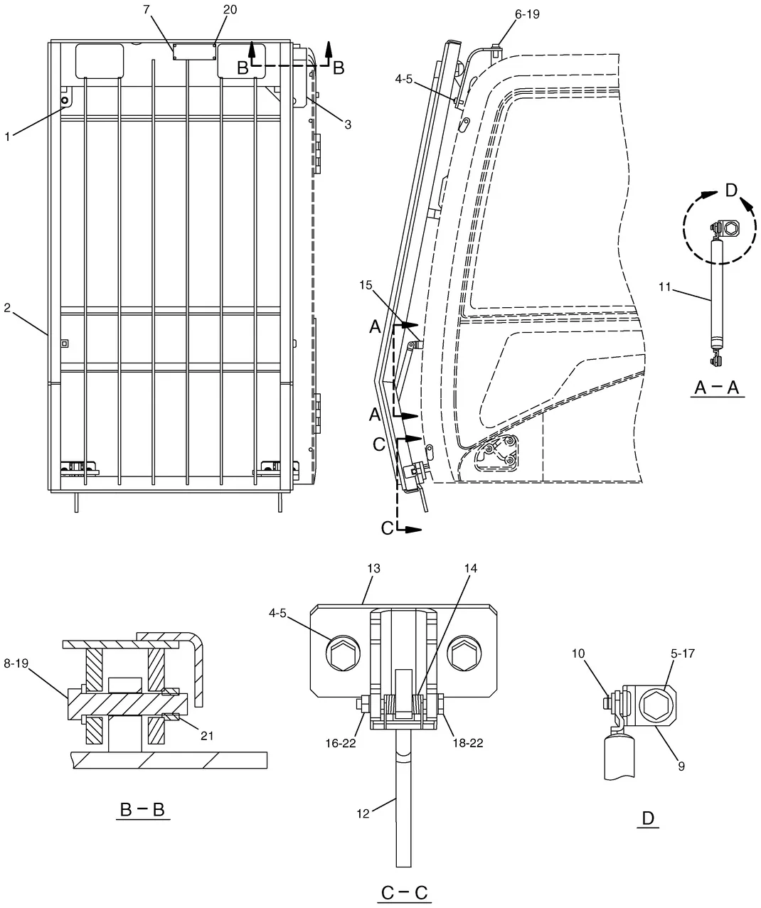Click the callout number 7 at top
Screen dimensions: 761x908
click(147, 9)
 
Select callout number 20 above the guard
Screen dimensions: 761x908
click(230, 9)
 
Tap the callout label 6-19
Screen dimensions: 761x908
click(527, 14)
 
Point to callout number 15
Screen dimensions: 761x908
click(366, 285)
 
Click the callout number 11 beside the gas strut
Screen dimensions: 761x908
click(665, 287)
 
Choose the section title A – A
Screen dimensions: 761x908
click(717, 387)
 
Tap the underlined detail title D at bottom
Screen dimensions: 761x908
click(648, 818)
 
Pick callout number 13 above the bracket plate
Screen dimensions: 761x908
click(373, 568)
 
